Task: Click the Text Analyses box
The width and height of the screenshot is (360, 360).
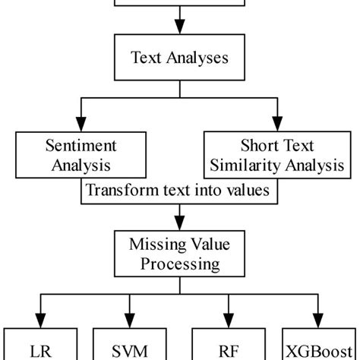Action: [x=180, y=58]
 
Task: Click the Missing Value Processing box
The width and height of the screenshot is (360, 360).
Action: [x=180, y=255]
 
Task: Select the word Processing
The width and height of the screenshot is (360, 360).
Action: [x=180, y=265]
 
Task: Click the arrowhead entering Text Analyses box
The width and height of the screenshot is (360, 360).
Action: [x=180, y=31]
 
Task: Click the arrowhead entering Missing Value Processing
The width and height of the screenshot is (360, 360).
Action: [x=180, y=225]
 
